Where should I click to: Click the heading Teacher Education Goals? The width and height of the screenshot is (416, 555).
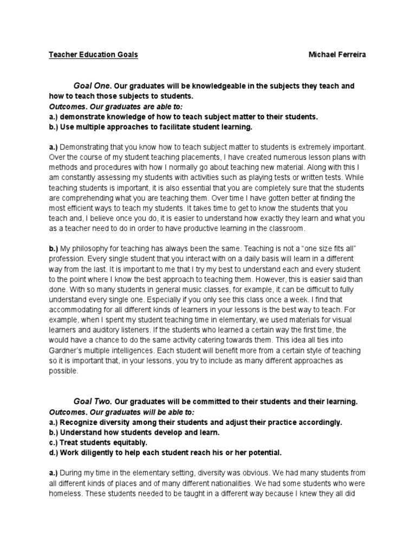[x=93, y=55]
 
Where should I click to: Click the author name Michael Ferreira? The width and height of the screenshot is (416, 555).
[x=337, y=55]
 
